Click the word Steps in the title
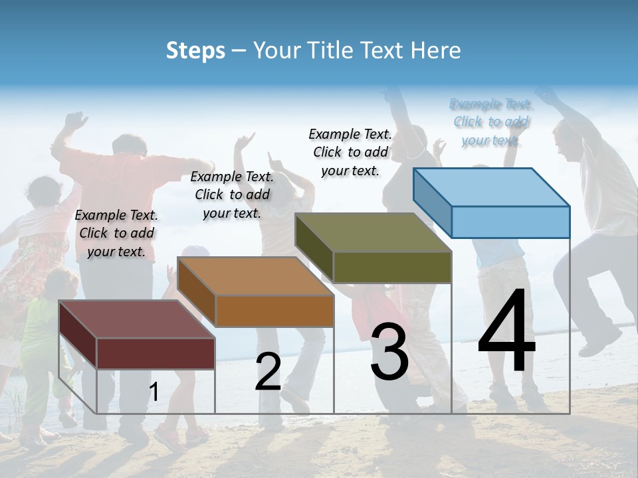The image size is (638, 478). point(195,50)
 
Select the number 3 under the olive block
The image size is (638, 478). point(389,352)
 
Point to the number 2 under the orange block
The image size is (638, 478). point(268,372)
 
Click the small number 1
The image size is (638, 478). point(154,392)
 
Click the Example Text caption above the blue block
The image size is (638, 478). point(490,122)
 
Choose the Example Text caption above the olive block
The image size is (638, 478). point(350,152)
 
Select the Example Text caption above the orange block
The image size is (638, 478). point(232,195)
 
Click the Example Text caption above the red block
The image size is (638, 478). point(116,233)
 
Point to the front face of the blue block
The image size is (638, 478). point(510,222)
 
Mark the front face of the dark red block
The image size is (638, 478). point(156,353)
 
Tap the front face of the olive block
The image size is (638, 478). point(392,267)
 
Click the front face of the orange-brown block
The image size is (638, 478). point(274,311)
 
